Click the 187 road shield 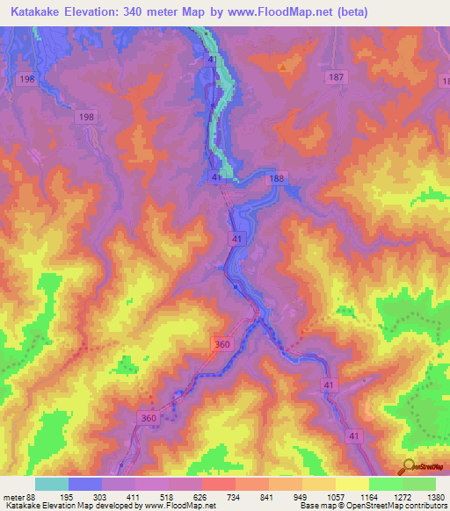pos(335,78)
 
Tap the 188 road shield pos(278,179)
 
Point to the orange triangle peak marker pos(282,67)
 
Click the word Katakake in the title pos(42,12)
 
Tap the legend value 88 pos(31,498)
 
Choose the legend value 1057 pos(336,498)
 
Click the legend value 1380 pos(435,498)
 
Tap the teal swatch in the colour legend pos(52,485)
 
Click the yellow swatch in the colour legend pos(352,485)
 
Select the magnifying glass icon pos(408,466)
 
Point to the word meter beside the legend pos(11,498)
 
